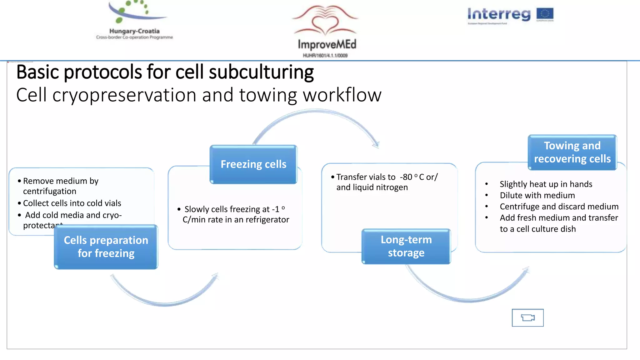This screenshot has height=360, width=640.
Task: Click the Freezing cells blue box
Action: point(253,164)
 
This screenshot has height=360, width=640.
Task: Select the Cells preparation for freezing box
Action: point(106,247)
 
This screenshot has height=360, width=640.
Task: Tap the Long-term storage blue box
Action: point(406,246)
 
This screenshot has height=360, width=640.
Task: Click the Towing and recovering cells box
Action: point(572,152)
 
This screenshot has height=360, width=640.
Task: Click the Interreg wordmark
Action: point(499,14)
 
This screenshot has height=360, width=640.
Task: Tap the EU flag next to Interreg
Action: point(545,14)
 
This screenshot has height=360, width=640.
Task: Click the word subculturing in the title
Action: point(261,72)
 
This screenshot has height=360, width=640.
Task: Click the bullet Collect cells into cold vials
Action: point(72,203)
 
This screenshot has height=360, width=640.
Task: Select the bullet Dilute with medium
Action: point(537,195)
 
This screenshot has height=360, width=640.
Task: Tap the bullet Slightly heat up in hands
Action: point(546,184)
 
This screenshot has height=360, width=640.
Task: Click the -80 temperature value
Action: point(406,177)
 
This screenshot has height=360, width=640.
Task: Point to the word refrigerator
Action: point(267,220)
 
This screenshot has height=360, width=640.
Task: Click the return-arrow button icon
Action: point(527,318)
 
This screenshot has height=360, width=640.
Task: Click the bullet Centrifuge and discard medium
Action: point(559,207)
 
